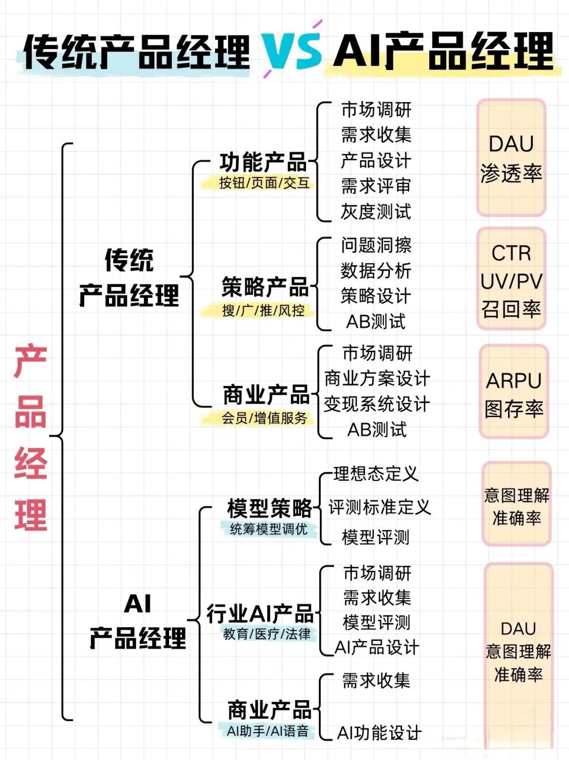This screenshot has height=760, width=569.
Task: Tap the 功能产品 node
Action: [263, 162]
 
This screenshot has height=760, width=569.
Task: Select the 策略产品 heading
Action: [265, 287]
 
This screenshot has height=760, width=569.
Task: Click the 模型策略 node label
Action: [269, 508]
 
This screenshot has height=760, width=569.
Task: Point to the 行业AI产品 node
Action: [260, 614]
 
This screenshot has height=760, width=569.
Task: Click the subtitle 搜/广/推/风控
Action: [263, 311]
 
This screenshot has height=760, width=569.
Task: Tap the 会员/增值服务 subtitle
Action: [264, 418]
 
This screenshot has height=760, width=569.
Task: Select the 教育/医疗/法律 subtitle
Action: [267, 634]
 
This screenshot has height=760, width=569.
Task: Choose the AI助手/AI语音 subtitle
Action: [268, 731]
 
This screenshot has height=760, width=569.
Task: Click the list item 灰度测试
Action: [376, 212]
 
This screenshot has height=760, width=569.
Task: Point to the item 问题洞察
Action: [376, 245]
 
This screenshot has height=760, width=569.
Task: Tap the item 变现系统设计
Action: [377, 404]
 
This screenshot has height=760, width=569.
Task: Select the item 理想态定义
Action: [376, 473]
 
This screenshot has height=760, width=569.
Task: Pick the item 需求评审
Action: [376, 186]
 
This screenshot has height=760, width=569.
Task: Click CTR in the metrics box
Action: [511, 253]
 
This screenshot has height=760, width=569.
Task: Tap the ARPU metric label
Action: [514, 381]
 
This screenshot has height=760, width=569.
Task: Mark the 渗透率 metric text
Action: [511, 173]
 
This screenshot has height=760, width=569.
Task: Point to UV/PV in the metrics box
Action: [511, 281]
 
